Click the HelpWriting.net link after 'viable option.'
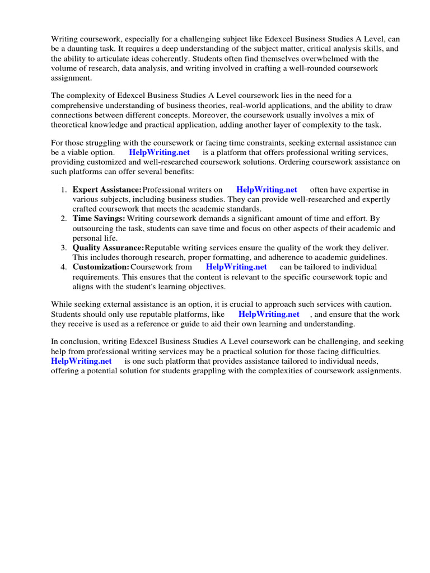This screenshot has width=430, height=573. coord(160,152)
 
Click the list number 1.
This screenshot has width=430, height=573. coord(64,190)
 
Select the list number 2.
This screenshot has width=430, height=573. coord(64,219)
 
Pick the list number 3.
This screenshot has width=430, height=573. coord(64,248)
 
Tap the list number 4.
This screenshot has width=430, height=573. coord(64,267)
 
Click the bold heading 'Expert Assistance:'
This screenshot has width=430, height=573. coord(107,190)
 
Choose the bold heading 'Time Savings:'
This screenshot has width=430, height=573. coord(99,219)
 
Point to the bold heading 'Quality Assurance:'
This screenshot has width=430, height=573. coord(108,248)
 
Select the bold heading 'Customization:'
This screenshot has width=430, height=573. coord(101,267)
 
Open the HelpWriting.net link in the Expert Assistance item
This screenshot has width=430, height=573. coord(267,190)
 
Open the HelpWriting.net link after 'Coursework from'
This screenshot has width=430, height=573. coord(236,267)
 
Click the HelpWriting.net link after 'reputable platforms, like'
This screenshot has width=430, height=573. coord(269,314)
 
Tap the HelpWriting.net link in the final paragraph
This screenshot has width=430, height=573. coord(81,361)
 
